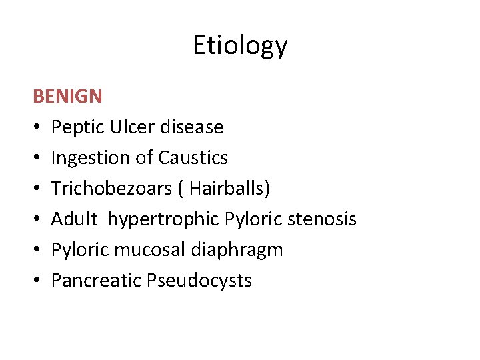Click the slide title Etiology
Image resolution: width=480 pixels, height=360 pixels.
[240, 46]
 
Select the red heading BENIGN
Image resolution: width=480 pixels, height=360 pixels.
[67, 97]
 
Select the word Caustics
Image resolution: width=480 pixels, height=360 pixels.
[193, 157]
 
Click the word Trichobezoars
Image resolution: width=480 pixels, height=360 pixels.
[105, 188]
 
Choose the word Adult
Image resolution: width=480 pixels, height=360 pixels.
[71, 219]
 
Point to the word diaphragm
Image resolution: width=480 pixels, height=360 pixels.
[237, 250]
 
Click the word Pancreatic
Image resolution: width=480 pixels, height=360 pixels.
[91, 280]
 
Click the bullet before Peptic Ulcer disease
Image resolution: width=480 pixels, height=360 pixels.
[37, 127]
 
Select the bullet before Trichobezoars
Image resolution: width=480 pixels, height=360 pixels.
[37, 189]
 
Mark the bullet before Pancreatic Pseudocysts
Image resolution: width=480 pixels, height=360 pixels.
[37, 281]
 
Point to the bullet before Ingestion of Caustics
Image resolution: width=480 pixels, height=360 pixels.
[37, 158]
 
